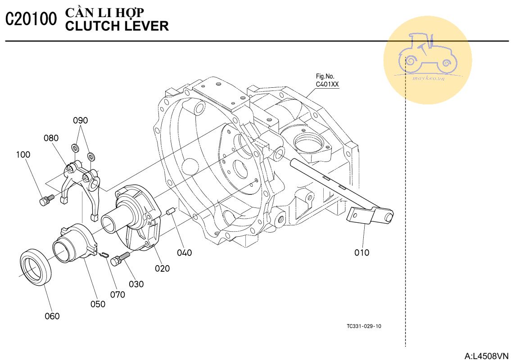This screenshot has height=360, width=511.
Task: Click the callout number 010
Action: [x=362, y=252]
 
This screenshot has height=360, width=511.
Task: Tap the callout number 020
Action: [x=163, y=268]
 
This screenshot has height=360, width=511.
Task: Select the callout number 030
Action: [x=136, y=284]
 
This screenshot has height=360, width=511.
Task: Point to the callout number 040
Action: [x=184, y=252]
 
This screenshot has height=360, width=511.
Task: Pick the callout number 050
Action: [x=98, y=304]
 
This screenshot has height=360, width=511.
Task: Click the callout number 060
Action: [x=52, y=316]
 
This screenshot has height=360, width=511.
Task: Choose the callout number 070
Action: [x=118, y=295]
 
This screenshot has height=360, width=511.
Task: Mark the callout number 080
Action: [x=51, y=138]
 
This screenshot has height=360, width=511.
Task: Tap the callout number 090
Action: [x=81, y=120]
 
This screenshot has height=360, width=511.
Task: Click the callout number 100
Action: [x=23, y=154]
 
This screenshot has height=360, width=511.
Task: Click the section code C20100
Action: [x=32, y=19]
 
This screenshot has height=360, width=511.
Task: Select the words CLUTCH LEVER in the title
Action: [x=117, y=26]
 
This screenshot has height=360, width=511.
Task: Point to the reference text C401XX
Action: [x=327, y=84]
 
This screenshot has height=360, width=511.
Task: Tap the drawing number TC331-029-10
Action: [x=364, y=326]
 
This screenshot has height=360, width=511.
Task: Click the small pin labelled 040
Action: [x=171, y=211]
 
